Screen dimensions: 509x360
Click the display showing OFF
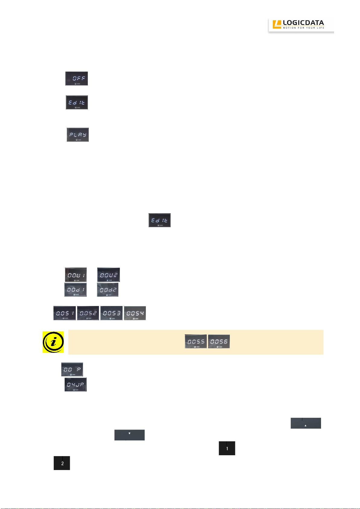[x=77, y=79]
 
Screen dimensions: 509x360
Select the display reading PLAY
[x=78, y=135]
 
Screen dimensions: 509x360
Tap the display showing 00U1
[x=76, y=275]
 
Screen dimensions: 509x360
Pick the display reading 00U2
[x=108, y=275]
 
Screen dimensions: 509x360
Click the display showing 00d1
[x=76, y=289]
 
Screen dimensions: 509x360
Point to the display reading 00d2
[x=108, y=289]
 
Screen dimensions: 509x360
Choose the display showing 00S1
[x=65, y=313]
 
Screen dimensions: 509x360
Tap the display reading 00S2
[x=88, y=313]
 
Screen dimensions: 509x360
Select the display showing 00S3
[x=111, y=313]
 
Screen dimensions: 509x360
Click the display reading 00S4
[x=135, y=313]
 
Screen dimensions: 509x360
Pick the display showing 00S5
[x=196, y=341]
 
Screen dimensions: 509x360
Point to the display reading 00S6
[x=219, y=341]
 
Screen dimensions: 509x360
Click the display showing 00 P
[x=72, y=369]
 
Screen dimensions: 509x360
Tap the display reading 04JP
[x=76, y=385]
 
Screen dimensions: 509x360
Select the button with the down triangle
[x=130, y=435]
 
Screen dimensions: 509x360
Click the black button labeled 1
[x=227, y=448]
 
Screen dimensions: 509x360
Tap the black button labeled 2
[x=62, y=463]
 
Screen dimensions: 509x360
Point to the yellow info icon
[x=53, y=342]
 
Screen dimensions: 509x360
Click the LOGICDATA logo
[x=301, y=24]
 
